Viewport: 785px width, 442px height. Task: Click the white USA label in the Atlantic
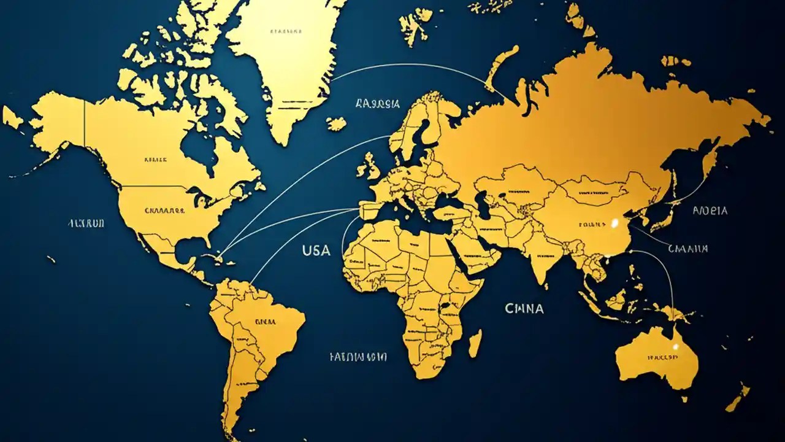pos(316,250)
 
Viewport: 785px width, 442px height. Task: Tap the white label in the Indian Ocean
pos(524,308)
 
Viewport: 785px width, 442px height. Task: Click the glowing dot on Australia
pos(675,347)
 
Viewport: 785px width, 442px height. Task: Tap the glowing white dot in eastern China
pos(614,223)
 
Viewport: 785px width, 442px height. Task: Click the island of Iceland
pos(335,123)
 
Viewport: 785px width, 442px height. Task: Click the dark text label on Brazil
pos(265,321)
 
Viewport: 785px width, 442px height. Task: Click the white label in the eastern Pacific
pos(86,223)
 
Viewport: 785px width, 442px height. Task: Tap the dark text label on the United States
pos(164,210)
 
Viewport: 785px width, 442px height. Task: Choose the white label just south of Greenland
pos(377,104)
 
